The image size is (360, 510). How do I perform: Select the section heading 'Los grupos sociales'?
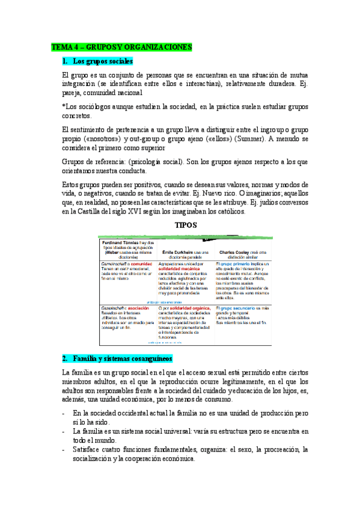102,61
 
